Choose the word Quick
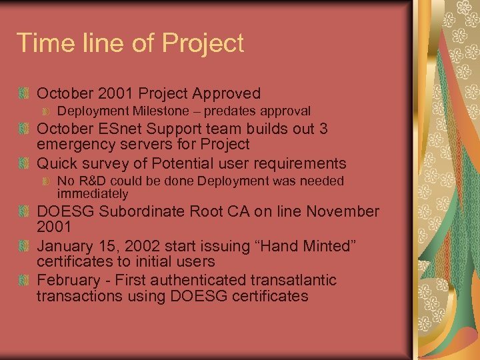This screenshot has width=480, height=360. click(57, 163)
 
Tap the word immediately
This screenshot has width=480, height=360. click(92, 194)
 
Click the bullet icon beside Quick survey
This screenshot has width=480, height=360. click(25, 163)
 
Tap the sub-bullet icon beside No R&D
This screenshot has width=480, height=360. click(45, 181)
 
